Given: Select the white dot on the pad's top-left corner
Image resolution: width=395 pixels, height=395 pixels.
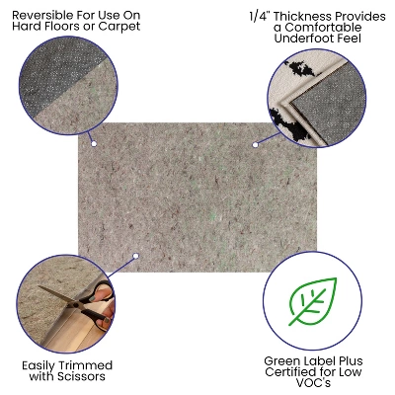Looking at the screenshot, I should pyautogui.click(x=94, y=144).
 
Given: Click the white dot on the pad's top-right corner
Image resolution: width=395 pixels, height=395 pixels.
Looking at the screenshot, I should pyautogui.click(x=255, y=144).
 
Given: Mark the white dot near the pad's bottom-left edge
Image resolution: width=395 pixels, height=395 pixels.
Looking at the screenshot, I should pyautogui.click(x=136, y=255).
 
